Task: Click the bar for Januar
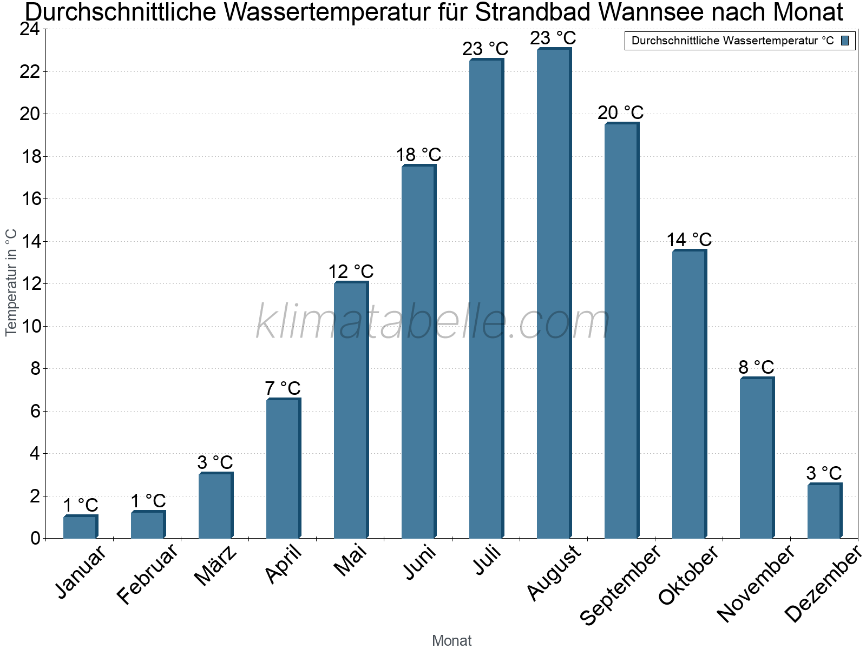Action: (x=80, y=527)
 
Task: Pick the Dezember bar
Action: (x=824, y=511)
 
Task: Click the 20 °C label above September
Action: (x=621, y=112)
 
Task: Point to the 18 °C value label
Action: (x=418, y=155)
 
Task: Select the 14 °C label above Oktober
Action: (x=689, y=240)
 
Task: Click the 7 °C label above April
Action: (x=283, y=388)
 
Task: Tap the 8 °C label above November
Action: (x=756, y=367)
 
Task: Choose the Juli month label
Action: (x=487, y=561)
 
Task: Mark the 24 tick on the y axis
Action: (x=30, y=29)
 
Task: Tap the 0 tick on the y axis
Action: (x=36, y=538)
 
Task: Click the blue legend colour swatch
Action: (x=845, y=41)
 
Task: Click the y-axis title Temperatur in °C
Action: (x=11, y=282)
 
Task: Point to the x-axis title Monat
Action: (x=452, y=640)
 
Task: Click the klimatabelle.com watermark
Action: (x=433, y=322)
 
